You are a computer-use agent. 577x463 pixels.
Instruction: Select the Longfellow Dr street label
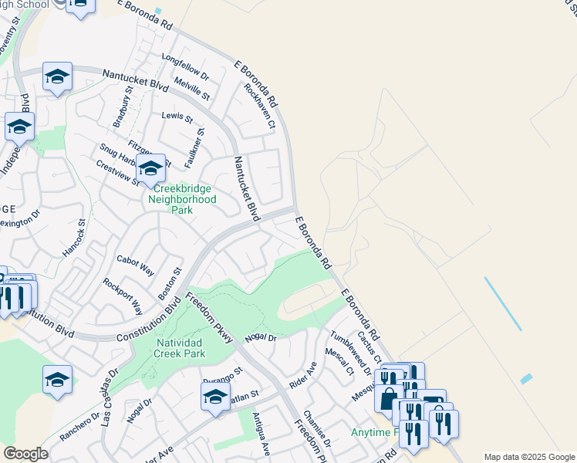click(185, 67)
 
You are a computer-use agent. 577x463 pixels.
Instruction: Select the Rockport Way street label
click(123, 296)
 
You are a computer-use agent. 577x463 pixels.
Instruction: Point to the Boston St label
click(169, 284)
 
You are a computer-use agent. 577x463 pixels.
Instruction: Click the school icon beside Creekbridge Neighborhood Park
click(150, 166)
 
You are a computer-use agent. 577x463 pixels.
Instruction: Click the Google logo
click(25, 454)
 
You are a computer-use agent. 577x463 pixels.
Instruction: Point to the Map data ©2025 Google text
click(529, 457)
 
